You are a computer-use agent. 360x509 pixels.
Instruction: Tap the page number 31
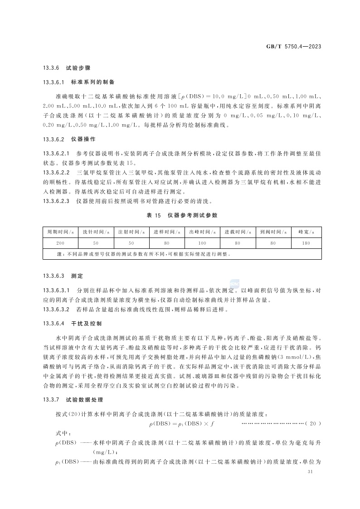[311, 472]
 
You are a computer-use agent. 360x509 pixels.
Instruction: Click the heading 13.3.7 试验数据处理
[73, 400]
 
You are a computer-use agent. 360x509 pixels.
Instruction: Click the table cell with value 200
[60, 243]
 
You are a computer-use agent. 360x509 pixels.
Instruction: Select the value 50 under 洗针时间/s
[96, 243]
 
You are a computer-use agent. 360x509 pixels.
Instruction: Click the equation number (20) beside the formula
[313, 424]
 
